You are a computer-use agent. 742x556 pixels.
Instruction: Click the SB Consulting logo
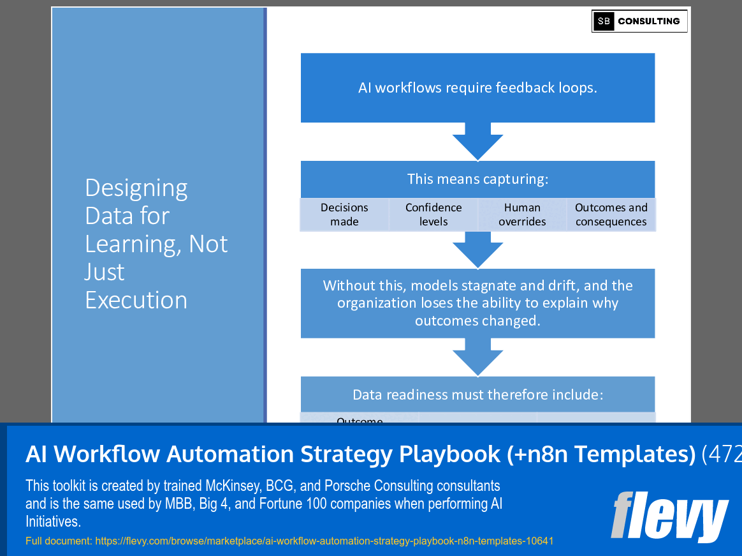point(639,21)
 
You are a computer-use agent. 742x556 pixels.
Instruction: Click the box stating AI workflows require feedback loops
point(477,87)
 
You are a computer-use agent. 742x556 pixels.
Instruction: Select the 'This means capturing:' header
point(477,179)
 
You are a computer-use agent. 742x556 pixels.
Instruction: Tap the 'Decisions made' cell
point(344,214)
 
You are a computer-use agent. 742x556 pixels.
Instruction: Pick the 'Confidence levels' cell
point(433,214)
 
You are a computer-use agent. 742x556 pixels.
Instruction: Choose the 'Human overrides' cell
point(522,214)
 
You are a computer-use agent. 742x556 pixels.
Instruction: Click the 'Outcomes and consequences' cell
point(611,214)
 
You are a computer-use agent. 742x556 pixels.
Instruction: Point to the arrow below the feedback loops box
point(477,142)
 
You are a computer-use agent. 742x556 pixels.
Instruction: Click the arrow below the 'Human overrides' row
point(477,250)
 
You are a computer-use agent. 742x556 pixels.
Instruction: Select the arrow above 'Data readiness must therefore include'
point(477,357)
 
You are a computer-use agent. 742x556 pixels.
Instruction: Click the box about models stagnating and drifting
point(477,303)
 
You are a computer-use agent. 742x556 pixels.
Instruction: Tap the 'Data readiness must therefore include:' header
point(477,394)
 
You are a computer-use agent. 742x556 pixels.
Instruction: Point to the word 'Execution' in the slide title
point(136,300)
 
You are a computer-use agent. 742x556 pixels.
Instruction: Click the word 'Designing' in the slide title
point(136,188)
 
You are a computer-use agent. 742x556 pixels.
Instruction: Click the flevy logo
point(669,516)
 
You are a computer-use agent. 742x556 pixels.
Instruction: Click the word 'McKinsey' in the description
point(230,486)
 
